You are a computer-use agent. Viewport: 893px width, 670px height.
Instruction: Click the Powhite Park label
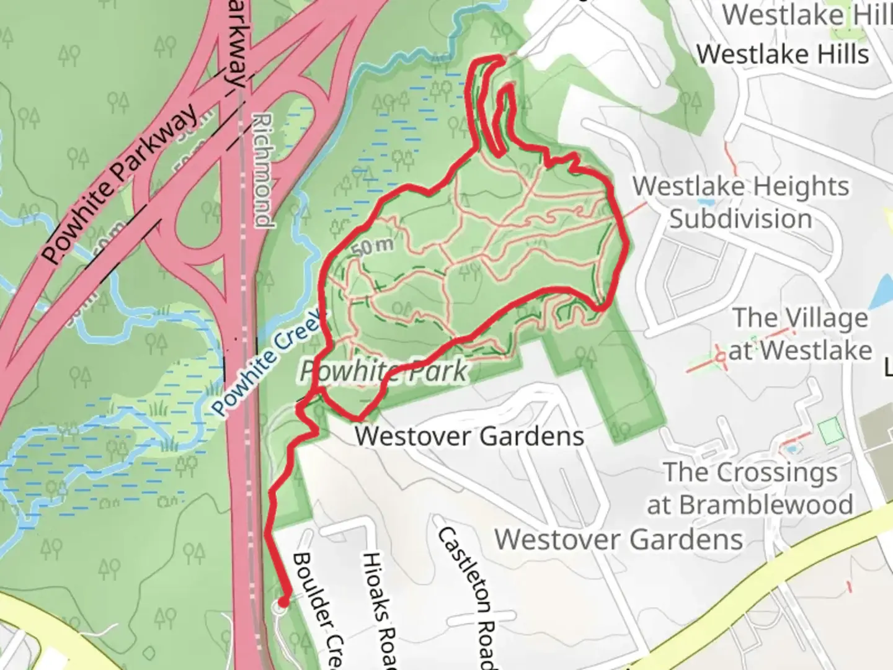[x=383, y=371]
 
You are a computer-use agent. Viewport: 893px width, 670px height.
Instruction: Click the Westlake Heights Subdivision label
[x=741, y=202]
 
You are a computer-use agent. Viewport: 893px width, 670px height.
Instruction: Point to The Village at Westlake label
[x=800, y=334]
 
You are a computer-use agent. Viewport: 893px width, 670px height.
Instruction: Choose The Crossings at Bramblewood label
[x=750, y=488]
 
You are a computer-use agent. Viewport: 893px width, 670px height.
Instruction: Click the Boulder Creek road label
[x=316, y=608]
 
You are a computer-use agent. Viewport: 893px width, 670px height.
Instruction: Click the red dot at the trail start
[x=283, y=601]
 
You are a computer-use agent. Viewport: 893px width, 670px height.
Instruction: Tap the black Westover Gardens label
[x=469, y=436]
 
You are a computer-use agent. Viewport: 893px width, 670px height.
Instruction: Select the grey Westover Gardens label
[x=618, y=539]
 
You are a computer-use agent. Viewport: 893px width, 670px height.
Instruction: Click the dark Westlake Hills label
[x=783, y=55]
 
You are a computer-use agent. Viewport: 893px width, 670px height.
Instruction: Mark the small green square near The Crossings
[x=831, y=431]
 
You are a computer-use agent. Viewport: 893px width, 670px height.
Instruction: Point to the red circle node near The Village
[x=720, y=357]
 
